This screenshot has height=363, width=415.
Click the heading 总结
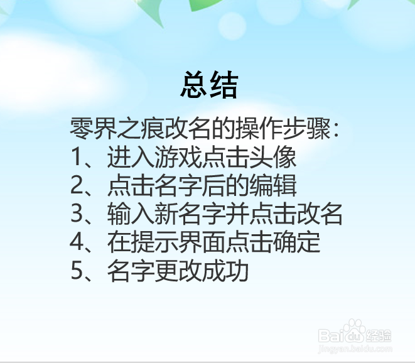tap(209, 85)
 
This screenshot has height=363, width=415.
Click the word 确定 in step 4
tap(301, 242)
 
